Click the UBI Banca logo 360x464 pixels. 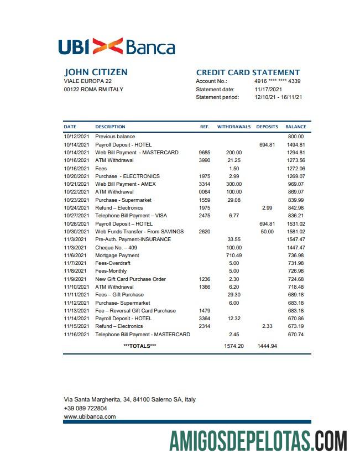(x=116, y=46)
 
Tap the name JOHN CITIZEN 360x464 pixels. (x=96, y=72)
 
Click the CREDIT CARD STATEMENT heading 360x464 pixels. (x=248, y=72)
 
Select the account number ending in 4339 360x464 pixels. (x=278, y=81)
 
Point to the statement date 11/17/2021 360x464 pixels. (x=268, y=89)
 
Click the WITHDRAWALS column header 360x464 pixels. (x=233, y=127)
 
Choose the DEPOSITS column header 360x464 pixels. (x=267, y=127)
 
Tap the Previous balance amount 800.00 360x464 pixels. (x=296, y=137)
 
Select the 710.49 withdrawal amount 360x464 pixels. (x=234, y=256)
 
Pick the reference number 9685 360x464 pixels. (x=204, y=153)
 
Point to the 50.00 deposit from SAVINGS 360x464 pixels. (x=267, y=232)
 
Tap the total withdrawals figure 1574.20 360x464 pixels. (x=234, y=346)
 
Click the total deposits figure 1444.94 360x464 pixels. (x=267, y=346)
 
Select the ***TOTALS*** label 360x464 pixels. (x=139, y=346)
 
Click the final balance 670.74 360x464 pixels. (x=296, y=335)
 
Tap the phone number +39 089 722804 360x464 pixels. (x=86, y=408)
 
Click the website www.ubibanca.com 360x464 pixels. (x=90, y=416)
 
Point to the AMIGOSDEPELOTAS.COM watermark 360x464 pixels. (x=258, y=442)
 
